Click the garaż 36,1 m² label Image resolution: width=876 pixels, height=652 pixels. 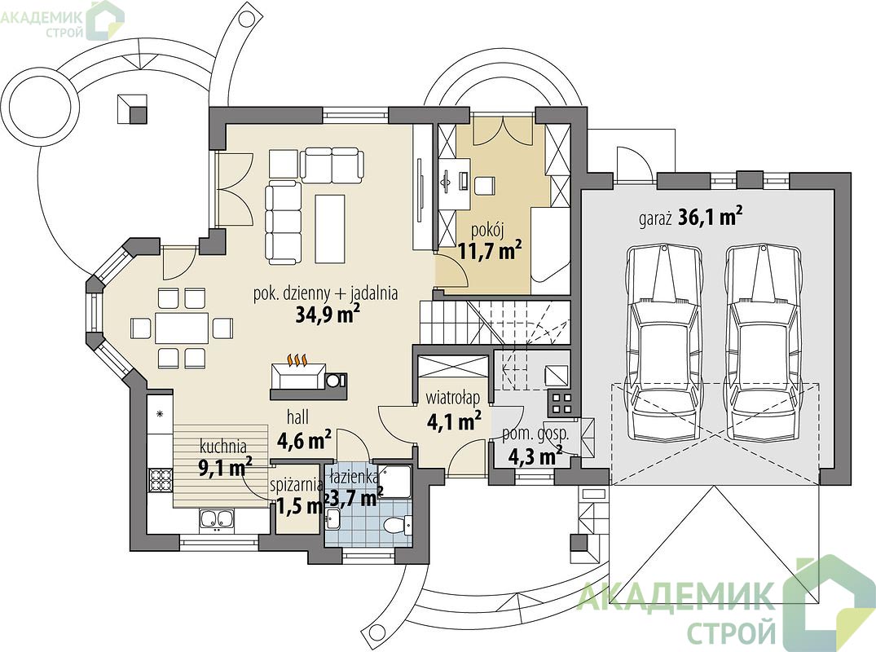click(690, 217)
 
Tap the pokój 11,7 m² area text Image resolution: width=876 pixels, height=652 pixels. click(490, 242)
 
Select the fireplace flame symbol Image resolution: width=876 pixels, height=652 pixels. click(297, 360)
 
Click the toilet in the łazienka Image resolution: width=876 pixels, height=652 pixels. click(398, 523)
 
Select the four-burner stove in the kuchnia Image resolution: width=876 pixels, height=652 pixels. click(159, 479)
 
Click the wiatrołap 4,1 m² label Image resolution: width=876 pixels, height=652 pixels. click(453, 411)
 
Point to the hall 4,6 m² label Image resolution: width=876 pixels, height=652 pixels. click(304, 430)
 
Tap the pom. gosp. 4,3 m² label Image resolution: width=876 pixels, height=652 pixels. click(535, 446)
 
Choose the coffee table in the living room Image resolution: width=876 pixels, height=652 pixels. click(329, 228)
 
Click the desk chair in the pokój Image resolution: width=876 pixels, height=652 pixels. click(485, 186)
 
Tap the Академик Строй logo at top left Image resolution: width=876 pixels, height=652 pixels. click(61, 20)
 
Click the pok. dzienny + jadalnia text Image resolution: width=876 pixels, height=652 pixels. click(326, 293)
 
